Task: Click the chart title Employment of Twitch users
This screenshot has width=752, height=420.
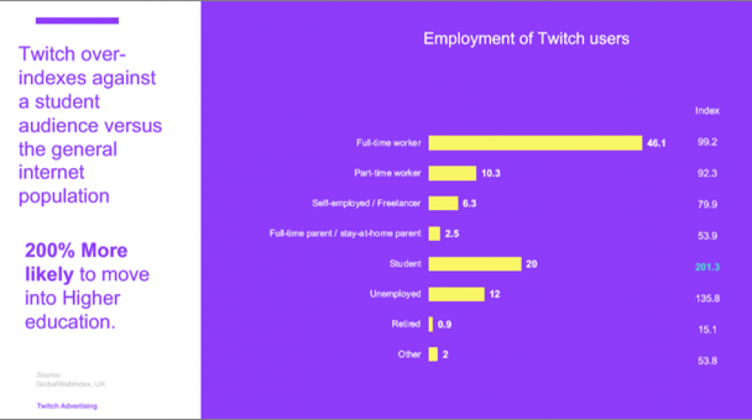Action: click(526, 39)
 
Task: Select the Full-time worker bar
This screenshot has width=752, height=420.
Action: click(535, 143)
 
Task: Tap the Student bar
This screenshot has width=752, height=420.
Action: click(475, 264)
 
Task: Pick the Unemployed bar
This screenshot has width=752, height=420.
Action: click(456, 294)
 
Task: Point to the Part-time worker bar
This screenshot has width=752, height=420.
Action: click(452, 173)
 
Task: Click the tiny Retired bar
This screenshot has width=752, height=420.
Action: click(431, 324)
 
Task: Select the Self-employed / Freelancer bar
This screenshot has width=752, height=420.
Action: click(443, 203)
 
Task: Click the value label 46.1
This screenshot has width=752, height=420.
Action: click(656, 143)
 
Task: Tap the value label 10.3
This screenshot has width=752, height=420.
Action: click(490, 173)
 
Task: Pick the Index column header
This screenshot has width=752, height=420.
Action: click(707, 111)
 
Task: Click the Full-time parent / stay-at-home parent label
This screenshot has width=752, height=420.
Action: click(345, 234)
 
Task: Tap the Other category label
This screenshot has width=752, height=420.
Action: click(409, 354)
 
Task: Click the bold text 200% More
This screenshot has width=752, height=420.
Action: click(76, 251)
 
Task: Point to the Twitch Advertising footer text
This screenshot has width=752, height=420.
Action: click(67, 406)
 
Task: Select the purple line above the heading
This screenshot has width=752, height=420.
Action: click(77, 21)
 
